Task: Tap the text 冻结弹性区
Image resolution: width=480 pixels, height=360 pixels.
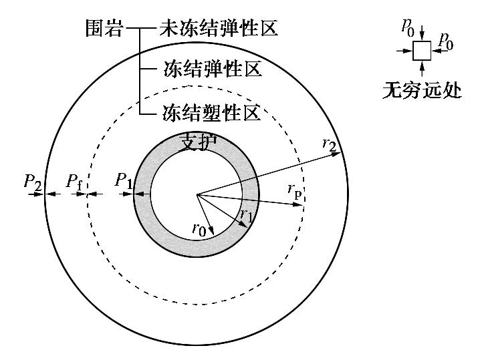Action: (212, 69)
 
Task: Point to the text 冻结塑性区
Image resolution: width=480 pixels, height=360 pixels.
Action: (212, 113)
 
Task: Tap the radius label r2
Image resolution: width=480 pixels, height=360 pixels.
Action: (329, 142)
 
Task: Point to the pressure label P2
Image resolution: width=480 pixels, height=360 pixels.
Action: (33, 180)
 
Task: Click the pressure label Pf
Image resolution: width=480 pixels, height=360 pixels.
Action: (74, 180)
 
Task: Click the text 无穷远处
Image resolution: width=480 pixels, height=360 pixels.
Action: (421, 89)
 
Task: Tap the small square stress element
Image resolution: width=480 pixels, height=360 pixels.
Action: (421, 51)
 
